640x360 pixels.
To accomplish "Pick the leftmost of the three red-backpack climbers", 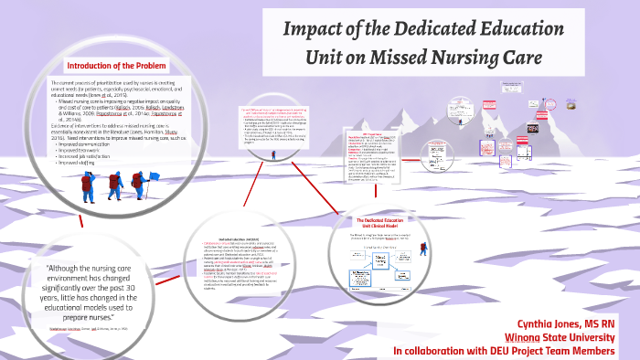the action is (87, 186).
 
